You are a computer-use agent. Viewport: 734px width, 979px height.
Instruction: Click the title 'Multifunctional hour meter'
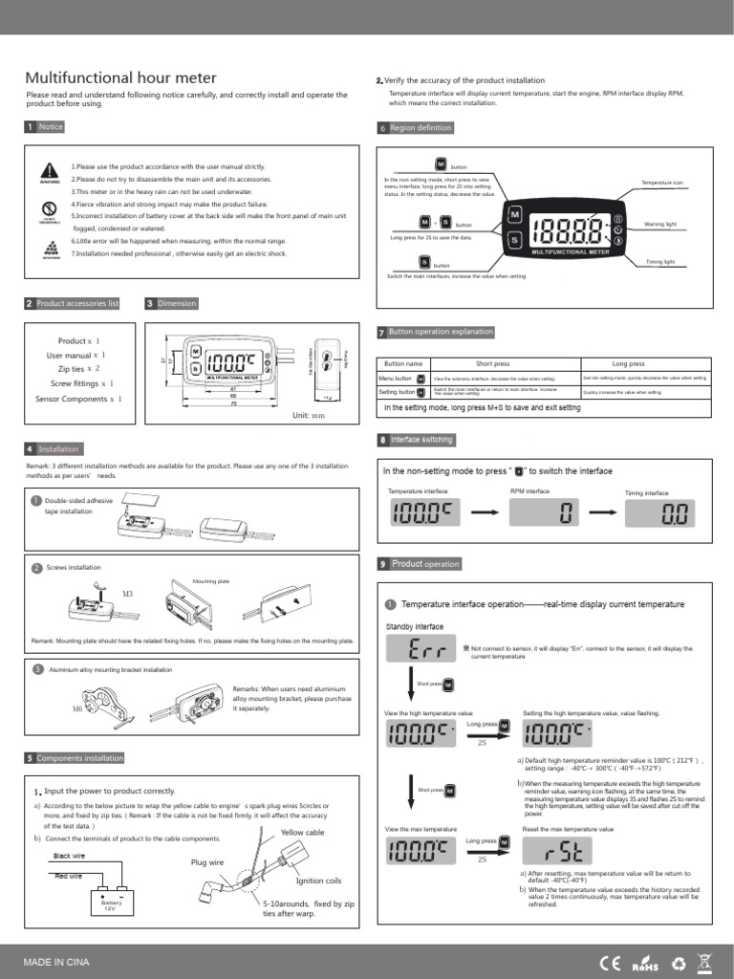[120, 78]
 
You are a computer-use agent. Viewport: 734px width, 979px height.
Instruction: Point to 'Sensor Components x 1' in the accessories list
[79, 399]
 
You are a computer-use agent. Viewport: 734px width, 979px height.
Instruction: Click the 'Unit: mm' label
[309, 416]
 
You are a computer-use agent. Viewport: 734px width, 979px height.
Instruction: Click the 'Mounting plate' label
[211, 580]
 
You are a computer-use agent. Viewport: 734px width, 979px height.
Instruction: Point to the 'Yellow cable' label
[303, 833]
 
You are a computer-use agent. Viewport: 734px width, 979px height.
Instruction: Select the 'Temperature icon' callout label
[662, 182]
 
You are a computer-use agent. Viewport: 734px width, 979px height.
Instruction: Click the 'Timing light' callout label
[660, 261]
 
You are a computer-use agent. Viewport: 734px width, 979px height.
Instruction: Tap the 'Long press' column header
[628, 363]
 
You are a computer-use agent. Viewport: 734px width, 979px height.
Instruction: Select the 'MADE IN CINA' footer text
[57, 961]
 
